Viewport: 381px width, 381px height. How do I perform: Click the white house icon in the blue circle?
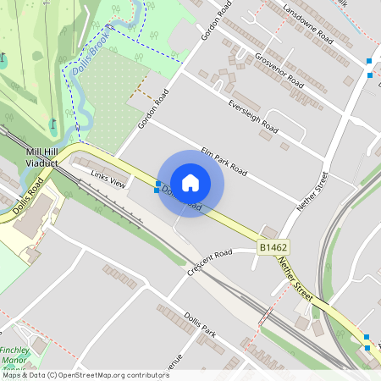(x=190, y=183)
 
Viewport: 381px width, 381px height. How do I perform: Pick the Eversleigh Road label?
(x=252, y=117)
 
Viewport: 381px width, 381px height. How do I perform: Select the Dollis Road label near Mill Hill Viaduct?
(x=28, y=196)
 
